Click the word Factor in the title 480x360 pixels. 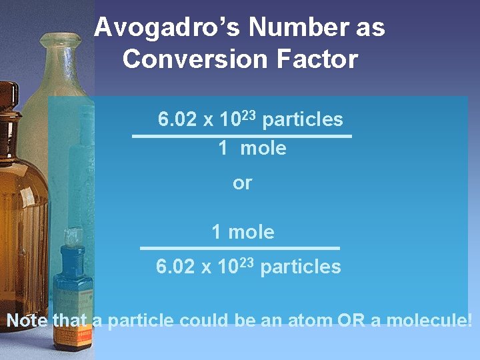coord(320,59)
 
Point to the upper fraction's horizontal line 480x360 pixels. coord(242,136)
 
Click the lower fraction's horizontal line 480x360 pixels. coord(239,248)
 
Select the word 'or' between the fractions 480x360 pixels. coord(243,183)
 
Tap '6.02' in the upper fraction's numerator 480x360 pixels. coord(177,120)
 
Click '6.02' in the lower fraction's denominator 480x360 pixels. coord(175,267)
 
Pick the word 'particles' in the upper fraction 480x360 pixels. coord(303,120)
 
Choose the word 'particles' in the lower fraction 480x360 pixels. coord(301,267)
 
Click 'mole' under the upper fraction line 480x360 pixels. coord(263,149)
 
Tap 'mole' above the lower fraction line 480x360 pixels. coord(251,232)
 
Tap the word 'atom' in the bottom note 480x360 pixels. coord(309,321)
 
